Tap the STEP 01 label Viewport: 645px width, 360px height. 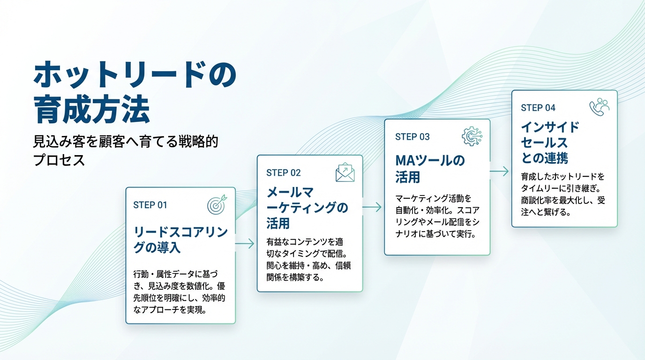[x=150, y=205]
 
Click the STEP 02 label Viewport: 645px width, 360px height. [x=283, y=172]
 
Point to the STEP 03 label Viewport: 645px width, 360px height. [x=412, y=137]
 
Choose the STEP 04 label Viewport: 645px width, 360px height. [x=538, y=108]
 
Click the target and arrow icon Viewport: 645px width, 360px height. [x=216, y=204]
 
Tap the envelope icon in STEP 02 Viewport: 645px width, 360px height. [x=345, y=172]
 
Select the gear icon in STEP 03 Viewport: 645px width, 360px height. [x=472, y=136]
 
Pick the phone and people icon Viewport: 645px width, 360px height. [x=599, y=107]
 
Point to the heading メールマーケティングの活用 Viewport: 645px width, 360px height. [x=307, y=207]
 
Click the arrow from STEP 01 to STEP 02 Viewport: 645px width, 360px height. [x=245, y=243]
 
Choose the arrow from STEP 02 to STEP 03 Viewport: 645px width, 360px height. [x=373, y=207]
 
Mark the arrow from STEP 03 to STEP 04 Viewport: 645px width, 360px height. [x=500, y=172]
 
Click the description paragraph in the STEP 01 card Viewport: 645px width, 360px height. [x=180, y=292]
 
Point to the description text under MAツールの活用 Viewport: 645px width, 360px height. [x=436, y=216]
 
